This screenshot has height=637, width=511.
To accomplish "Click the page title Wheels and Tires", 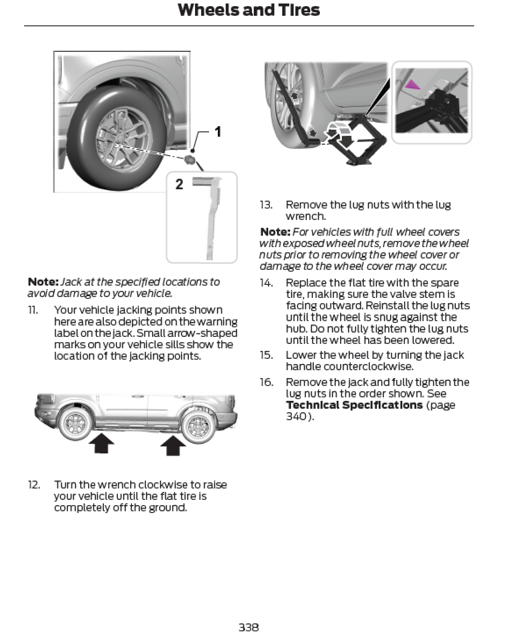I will pos(248,10).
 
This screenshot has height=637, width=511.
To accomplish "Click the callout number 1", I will pos(217,131).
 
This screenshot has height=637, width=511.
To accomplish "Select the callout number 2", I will pos(179,184).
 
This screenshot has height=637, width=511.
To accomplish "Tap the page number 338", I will pos(248,627).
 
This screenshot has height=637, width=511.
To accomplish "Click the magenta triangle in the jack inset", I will pos(412,84).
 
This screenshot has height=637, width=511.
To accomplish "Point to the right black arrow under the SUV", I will pos(173,444).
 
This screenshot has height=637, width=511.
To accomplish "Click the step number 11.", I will pos(33,310).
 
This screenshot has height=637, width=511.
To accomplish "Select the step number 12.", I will pos(34,485).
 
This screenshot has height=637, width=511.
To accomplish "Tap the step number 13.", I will pos(266,205).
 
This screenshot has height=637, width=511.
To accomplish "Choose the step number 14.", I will pos(266,283).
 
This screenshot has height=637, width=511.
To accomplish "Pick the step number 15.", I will pos(266,355).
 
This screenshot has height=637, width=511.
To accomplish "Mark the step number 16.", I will pos(266,382).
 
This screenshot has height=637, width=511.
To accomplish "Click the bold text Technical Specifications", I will pos(354,405).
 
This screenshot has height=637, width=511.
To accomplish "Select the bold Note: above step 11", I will pos(43,282).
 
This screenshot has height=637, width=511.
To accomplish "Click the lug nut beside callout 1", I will pos(190,159).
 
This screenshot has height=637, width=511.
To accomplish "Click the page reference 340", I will pos(298,416).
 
